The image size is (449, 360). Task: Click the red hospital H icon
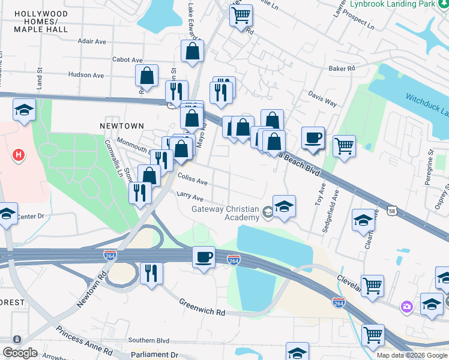pyautogui.click(x=19, y=155)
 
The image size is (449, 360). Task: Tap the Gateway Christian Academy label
pyautogui.click(x=224, y=213)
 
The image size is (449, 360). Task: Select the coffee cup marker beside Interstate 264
pyautogui.click(x=203, y=257)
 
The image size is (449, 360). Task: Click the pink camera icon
pyautogui.click(x=408, y=307)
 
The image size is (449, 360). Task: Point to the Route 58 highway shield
pyautogui.click(x=392, y=211)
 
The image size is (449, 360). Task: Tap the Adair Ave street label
pyautogui.click(x=92, y=41)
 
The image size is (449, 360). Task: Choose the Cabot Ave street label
pyautogui.click(x=128, y=59)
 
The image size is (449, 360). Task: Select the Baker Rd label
pyautogui.click(x=342, y=68)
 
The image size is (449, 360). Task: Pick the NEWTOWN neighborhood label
pyautogui.click(x=122, y=125)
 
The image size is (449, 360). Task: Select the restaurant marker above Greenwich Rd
pyautogui.click(x=151, y=273)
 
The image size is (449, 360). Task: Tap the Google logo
pyautogui.click(x=20, y=353)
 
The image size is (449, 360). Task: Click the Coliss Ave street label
pyautogui.click(x=193, y=181)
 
